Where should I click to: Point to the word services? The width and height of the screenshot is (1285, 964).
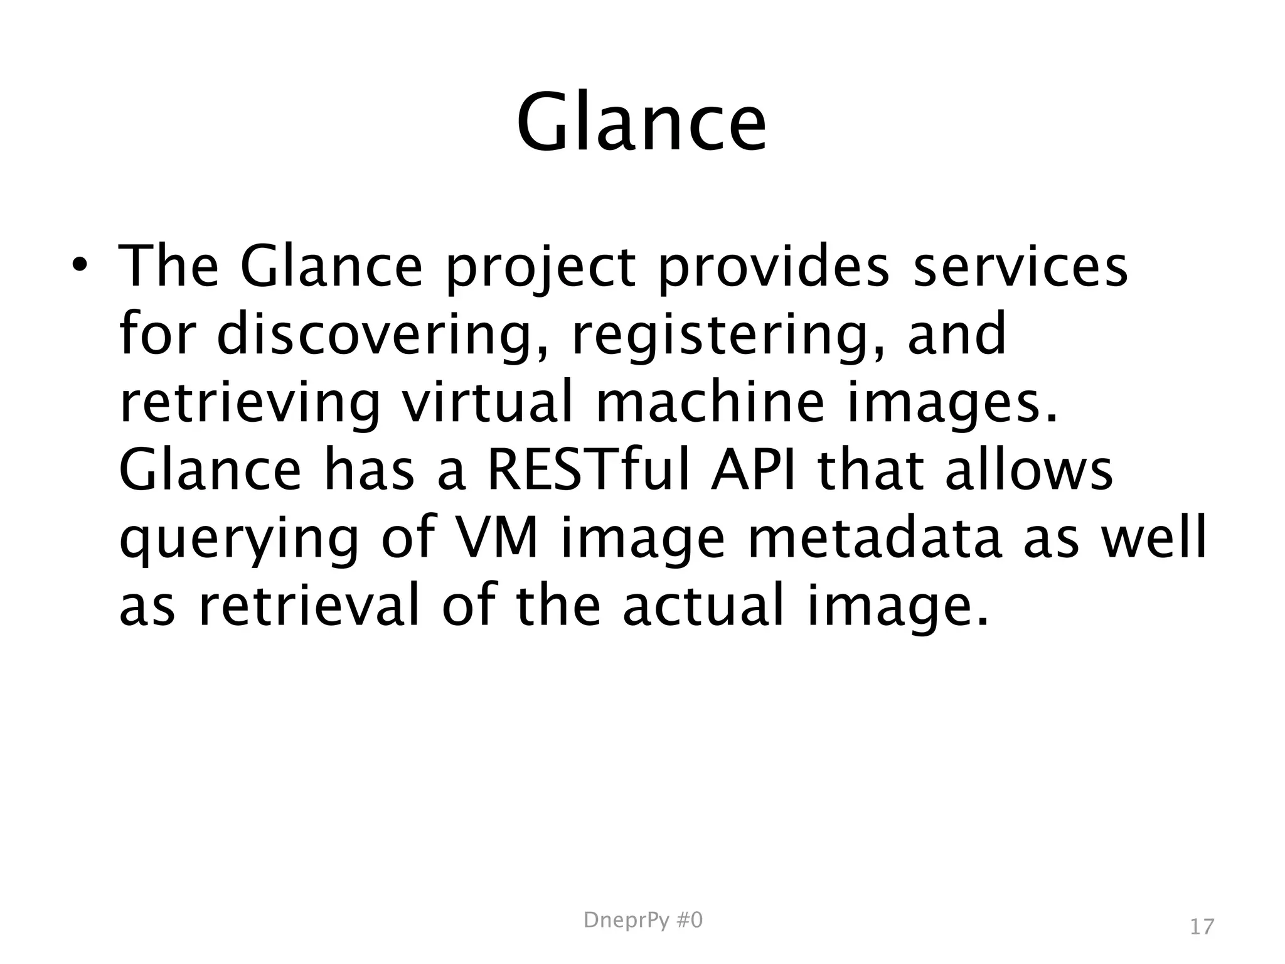[x=1020, y=266]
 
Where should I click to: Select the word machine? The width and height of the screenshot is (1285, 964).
[x=710, y=402]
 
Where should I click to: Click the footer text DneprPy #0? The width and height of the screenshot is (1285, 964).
[x=642, y=921]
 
